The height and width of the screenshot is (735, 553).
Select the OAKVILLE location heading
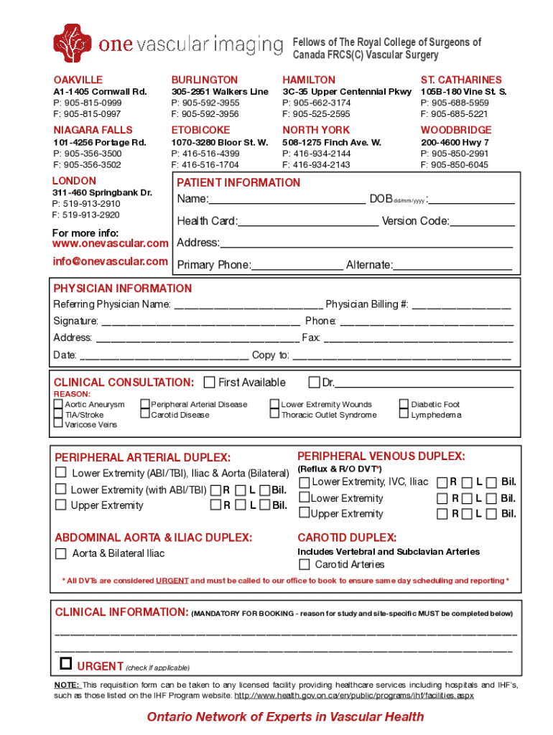pyautogui.click(x=78, y=80)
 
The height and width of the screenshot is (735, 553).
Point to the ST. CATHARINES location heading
pyautogui.click(x=461, y=80)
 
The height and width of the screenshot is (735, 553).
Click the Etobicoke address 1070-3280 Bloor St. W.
pyautogui.click(x=219, y=142)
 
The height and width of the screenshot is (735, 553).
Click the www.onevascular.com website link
pyautogui.click(x=111, y=244)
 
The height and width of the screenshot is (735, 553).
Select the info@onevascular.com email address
pyautogui.click(x=111, y=261)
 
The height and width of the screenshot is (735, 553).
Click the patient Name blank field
pyautogui.click(x=287, y=200)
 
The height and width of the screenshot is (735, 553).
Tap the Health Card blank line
pyautogui.click(x=308, y=222)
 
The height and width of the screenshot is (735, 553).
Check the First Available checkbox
pyautogui.click(x=210, y=382)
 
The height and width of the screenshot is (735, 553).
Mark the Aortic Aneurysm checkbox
pyautogui.click(x=58, y=405)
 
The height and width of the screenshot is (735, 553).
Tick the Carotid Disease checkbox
pyautogui.click(x=145, y=415)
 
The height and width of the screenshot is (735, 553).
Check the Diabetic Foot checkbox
pyautogui.click(x=404, y=405)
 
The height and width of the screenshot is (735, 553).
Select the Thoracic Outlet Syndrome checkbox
pyautogui.click(x=274, y=415)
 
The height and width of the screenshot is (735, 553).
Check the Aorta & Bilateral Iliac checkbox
pyautogui.click(x=61, y=553)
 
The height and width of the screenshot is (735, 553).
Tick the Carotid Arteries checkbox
pyautogui.click(x=305, y=565)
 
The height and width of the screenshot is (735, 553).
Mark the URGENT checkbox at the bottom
pyautogui.click(x=66, y=663)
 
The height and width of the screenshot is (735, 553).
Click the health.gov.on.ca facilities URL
pyautogui.click(x=354, y=696)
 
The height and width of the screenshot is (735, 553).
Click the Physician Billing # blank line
pyautogui.click(x=461, y=305)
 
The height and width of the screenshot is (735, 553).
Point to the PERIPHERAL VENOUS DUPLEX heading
pyautogui.click(x=381, y=457)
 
